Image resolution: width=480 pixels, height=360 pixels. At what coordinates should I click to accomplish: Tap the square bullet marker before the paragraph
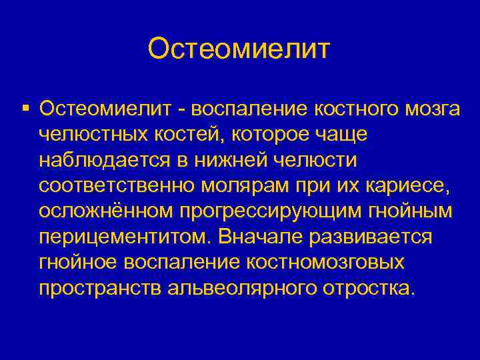(25, 108)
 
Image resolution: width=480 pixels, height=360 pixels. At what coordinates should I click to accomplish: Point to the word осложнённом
(107, 212)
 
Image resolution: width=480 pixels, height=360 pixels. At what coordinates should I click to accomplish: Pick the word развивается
(377, 238)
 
